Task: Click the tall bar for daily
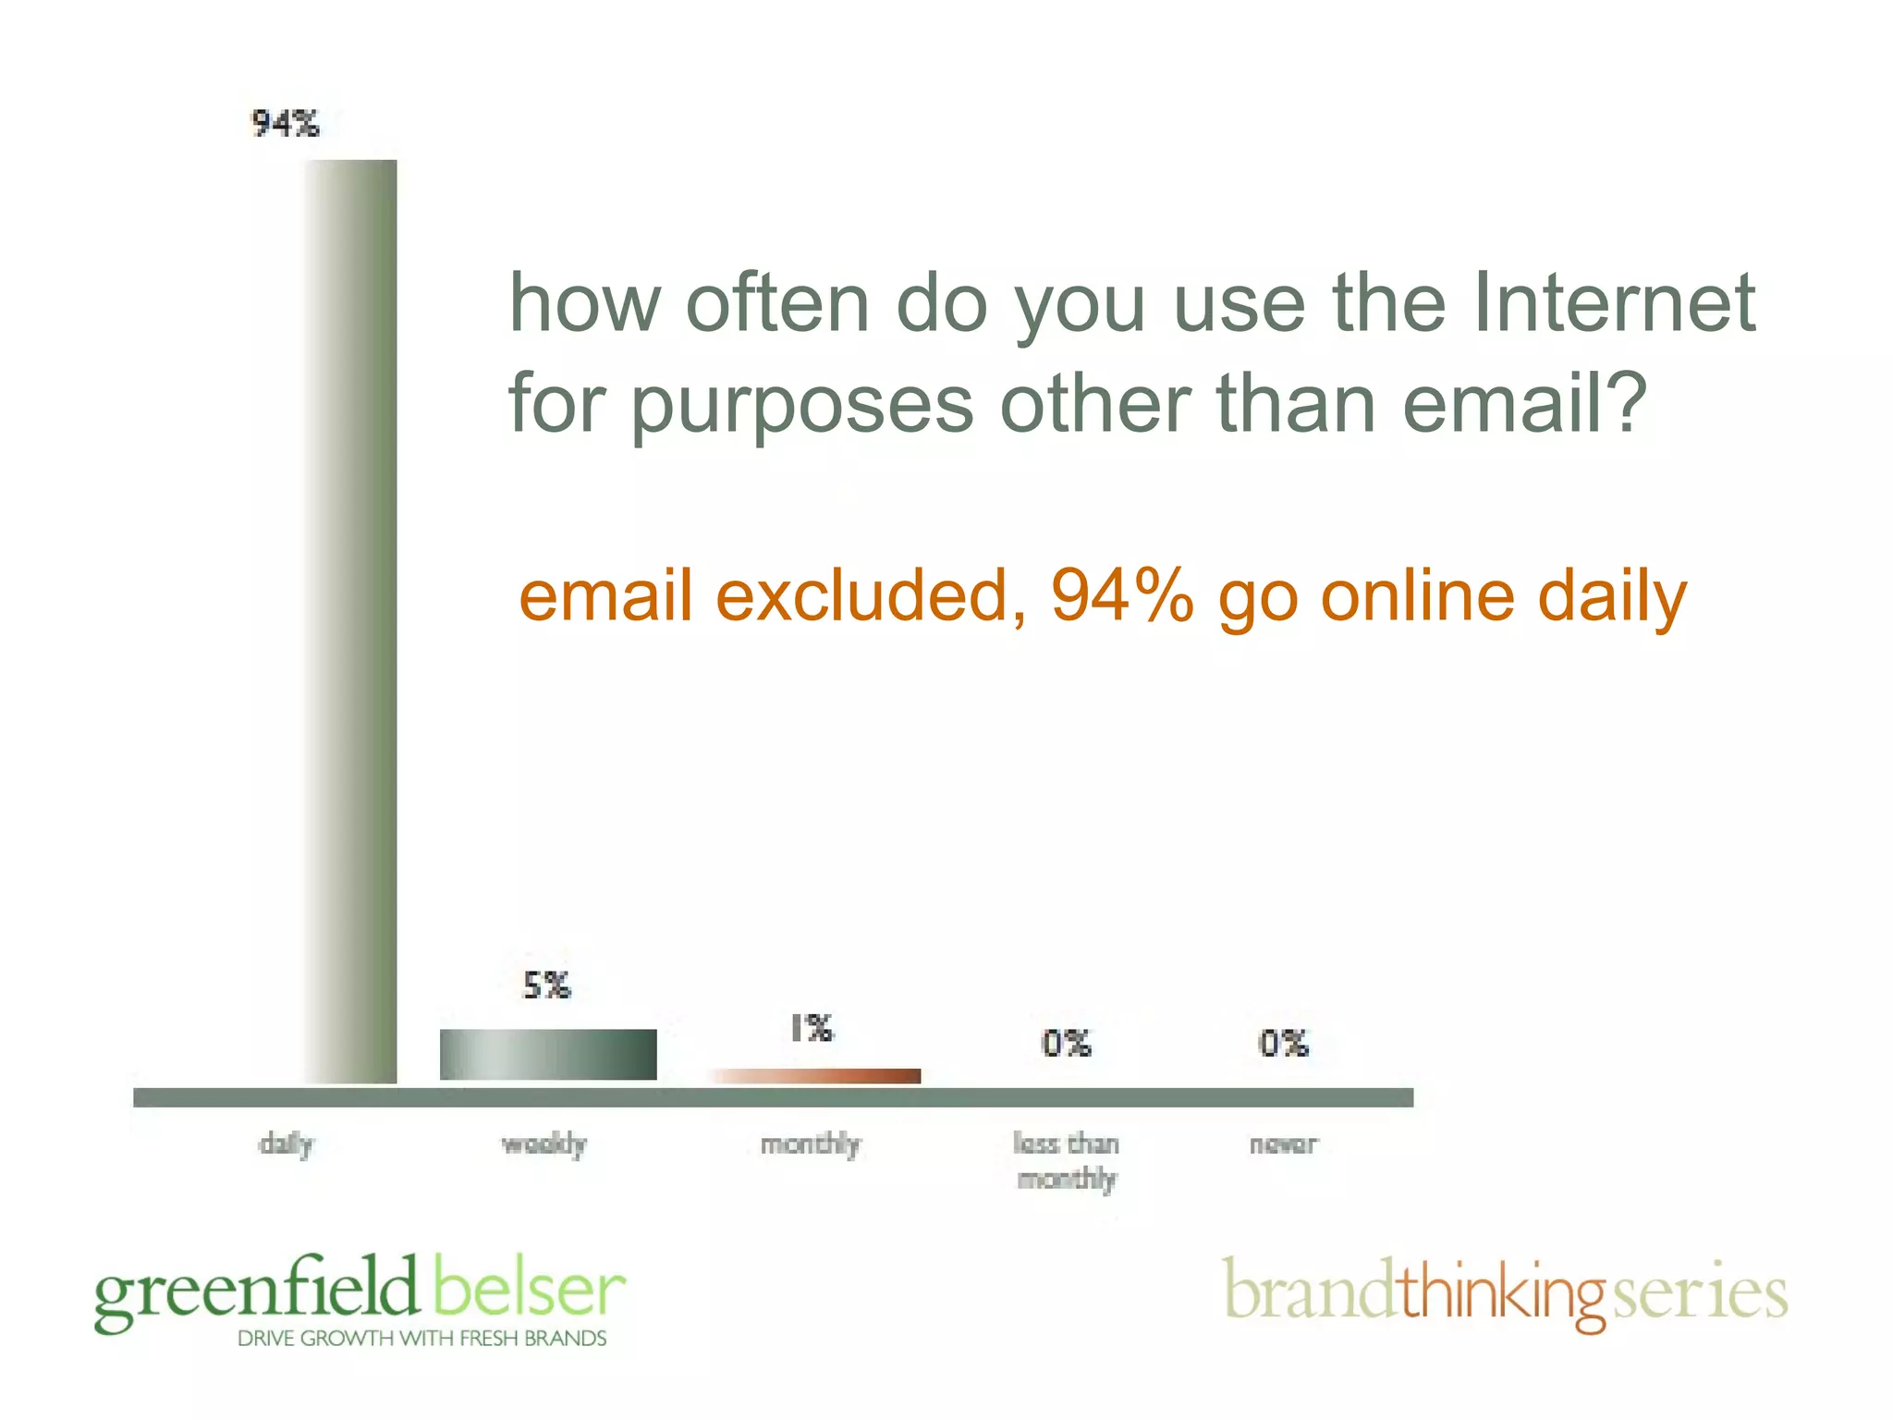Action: click(x=350, y=619)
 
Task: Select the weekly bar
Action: click(x=548, y=1054)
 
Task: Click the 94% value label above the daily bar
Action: click(x=286, y=123)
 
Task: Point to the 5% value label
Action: click(x=547, y=985)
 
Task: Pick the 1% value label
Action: click(x=812, y=1028)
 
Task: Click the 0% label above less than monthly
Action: click(x=1067, y=1044)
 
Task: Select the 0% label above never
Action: click(x=1284, y=1044)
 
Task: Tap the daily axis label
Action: click(x=287, y=1145)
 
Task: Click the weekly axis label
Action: click(x=544, y=1145)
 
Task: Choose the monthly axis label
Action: click(x=811, y=1145)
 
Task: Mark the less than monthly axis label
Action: click(x=1067, y=1161)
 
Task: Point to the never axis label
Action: click(x=1284, y=1145)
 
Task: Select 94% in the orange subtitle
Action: click(x=1121, y=595)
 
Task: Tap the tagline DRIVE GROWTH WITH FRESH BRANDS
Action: click(x=422, y=1339)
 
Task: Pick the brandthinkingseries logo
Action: click(x=1505, y=1292)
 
